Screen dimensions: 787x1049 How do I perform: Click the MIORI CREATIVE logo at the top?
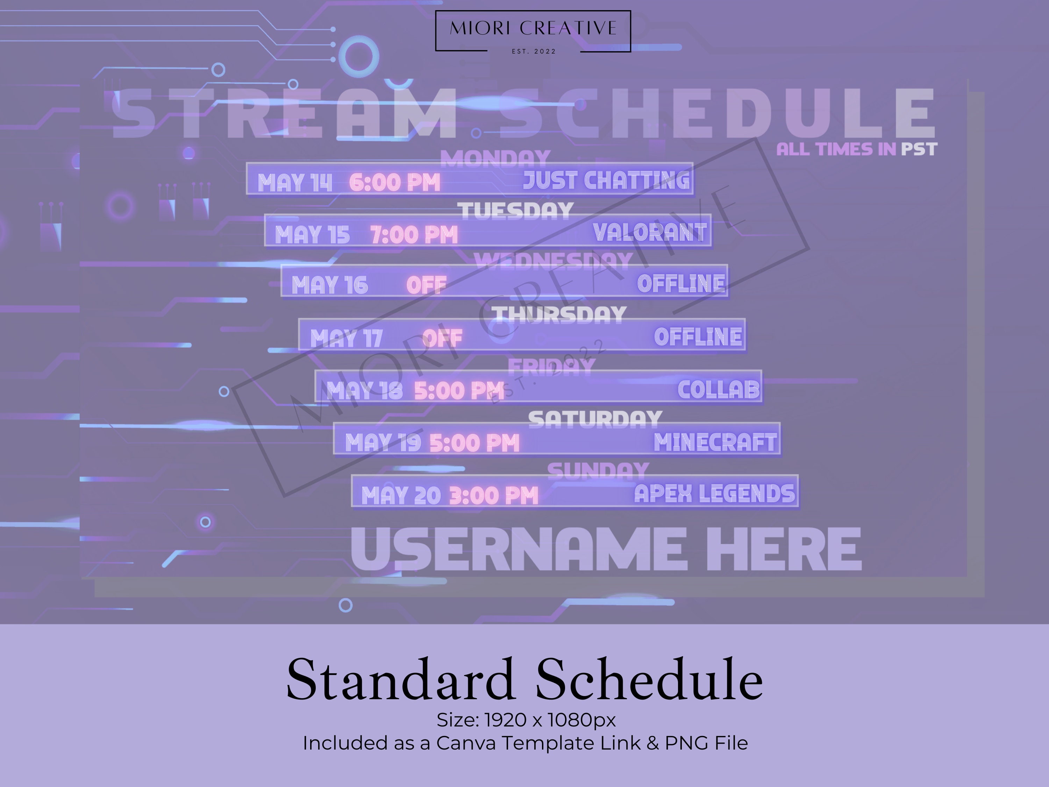point(533,31)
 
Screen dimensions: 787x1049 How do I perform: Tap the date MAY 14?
point(294,183)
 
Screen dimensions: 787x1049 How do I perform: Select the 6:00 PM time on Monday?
point(394,183)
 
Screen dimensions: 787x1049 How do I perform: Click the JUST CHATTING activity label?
point(606,181)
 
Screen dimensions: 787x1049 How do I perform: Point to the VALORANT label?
point(649,233)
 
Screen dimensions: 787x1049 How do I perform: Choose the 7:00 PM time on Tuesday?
point(414,235)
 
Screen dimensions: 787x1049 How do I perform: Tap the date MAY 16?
point(330,285)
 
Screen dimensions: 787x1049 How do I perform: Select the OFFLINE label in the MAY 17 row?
point(698,337)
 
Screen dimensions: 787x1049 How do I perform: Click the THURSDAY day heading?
point(559,315)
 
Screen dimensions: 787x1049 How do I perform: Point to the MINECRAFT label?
point(715,442)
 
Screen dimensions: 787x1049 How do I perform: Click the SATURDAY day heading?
point(595,419)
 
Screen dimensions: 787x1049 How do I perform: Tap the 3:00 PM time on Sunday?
point(493,496)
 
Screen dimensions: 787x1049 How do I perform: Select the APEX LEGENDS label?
point(714,494)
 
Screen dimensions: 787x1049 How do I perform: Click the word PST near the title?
point(919,149)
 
